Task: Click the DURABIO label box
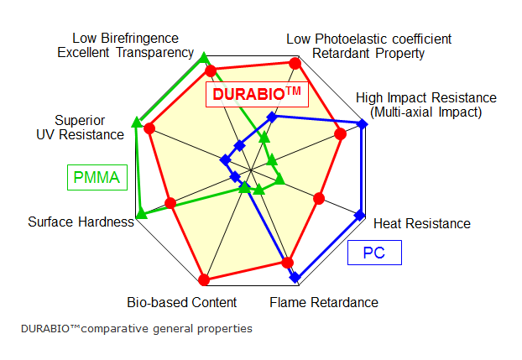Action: coord(256,94)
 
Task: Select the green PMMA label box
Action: coord(96,177)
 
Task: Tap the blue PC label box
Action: coord(374,253)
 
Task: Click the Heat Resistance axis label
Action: coord(421,223)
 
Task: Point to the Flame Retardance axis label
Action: coord(324,302)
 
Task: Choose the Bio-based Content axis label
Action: coord(182,302)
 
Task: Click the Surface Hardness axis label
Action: coord(81,222)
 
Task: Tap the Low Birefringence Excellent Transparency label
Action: coord(126,45)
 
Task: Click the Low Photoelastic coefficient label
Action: coord(369,46)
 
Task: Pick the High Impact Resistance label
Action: coord(426,105)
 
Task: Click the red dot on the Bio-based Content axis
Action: coord(204,279)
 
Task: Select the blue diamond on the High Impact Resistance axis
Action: coord(363,124)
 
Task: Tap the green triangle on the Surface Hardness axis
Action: coord(141,214)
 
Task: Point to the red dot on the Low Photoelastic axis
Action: coord(295,63)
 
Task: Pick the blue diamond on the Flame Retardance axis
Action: coord(294,276)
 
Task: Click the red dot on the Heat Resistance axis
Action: coord(318,199)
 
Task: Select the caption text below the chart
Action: coord(136,328)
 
